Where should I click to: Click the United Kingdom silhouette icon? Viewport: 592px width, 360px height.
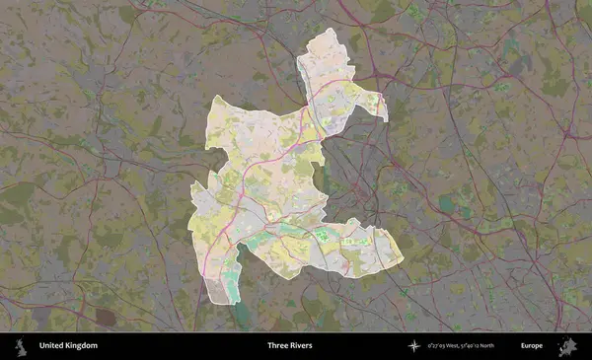(19, 346)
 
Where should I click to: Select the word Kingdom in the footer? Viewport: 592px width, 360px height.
(81, 346)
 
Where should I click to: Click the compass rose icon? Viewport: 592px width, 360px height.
(414, 346)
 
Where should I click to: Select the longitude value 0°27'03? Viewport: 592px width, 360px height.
(439, 346)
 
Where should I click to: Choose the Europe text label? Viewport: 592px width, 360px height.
(533, 346)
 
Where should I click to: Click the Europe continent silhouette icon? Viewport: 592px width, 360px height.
(567, 346)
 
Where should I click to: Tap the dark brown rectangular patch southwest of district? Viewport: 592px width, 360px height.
(105, 318)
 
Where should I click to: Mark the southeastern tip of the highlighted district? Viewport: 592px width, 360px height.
(402, 261)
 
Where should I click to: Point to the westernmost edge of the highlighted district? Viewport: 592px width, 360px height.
(190, 202)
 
